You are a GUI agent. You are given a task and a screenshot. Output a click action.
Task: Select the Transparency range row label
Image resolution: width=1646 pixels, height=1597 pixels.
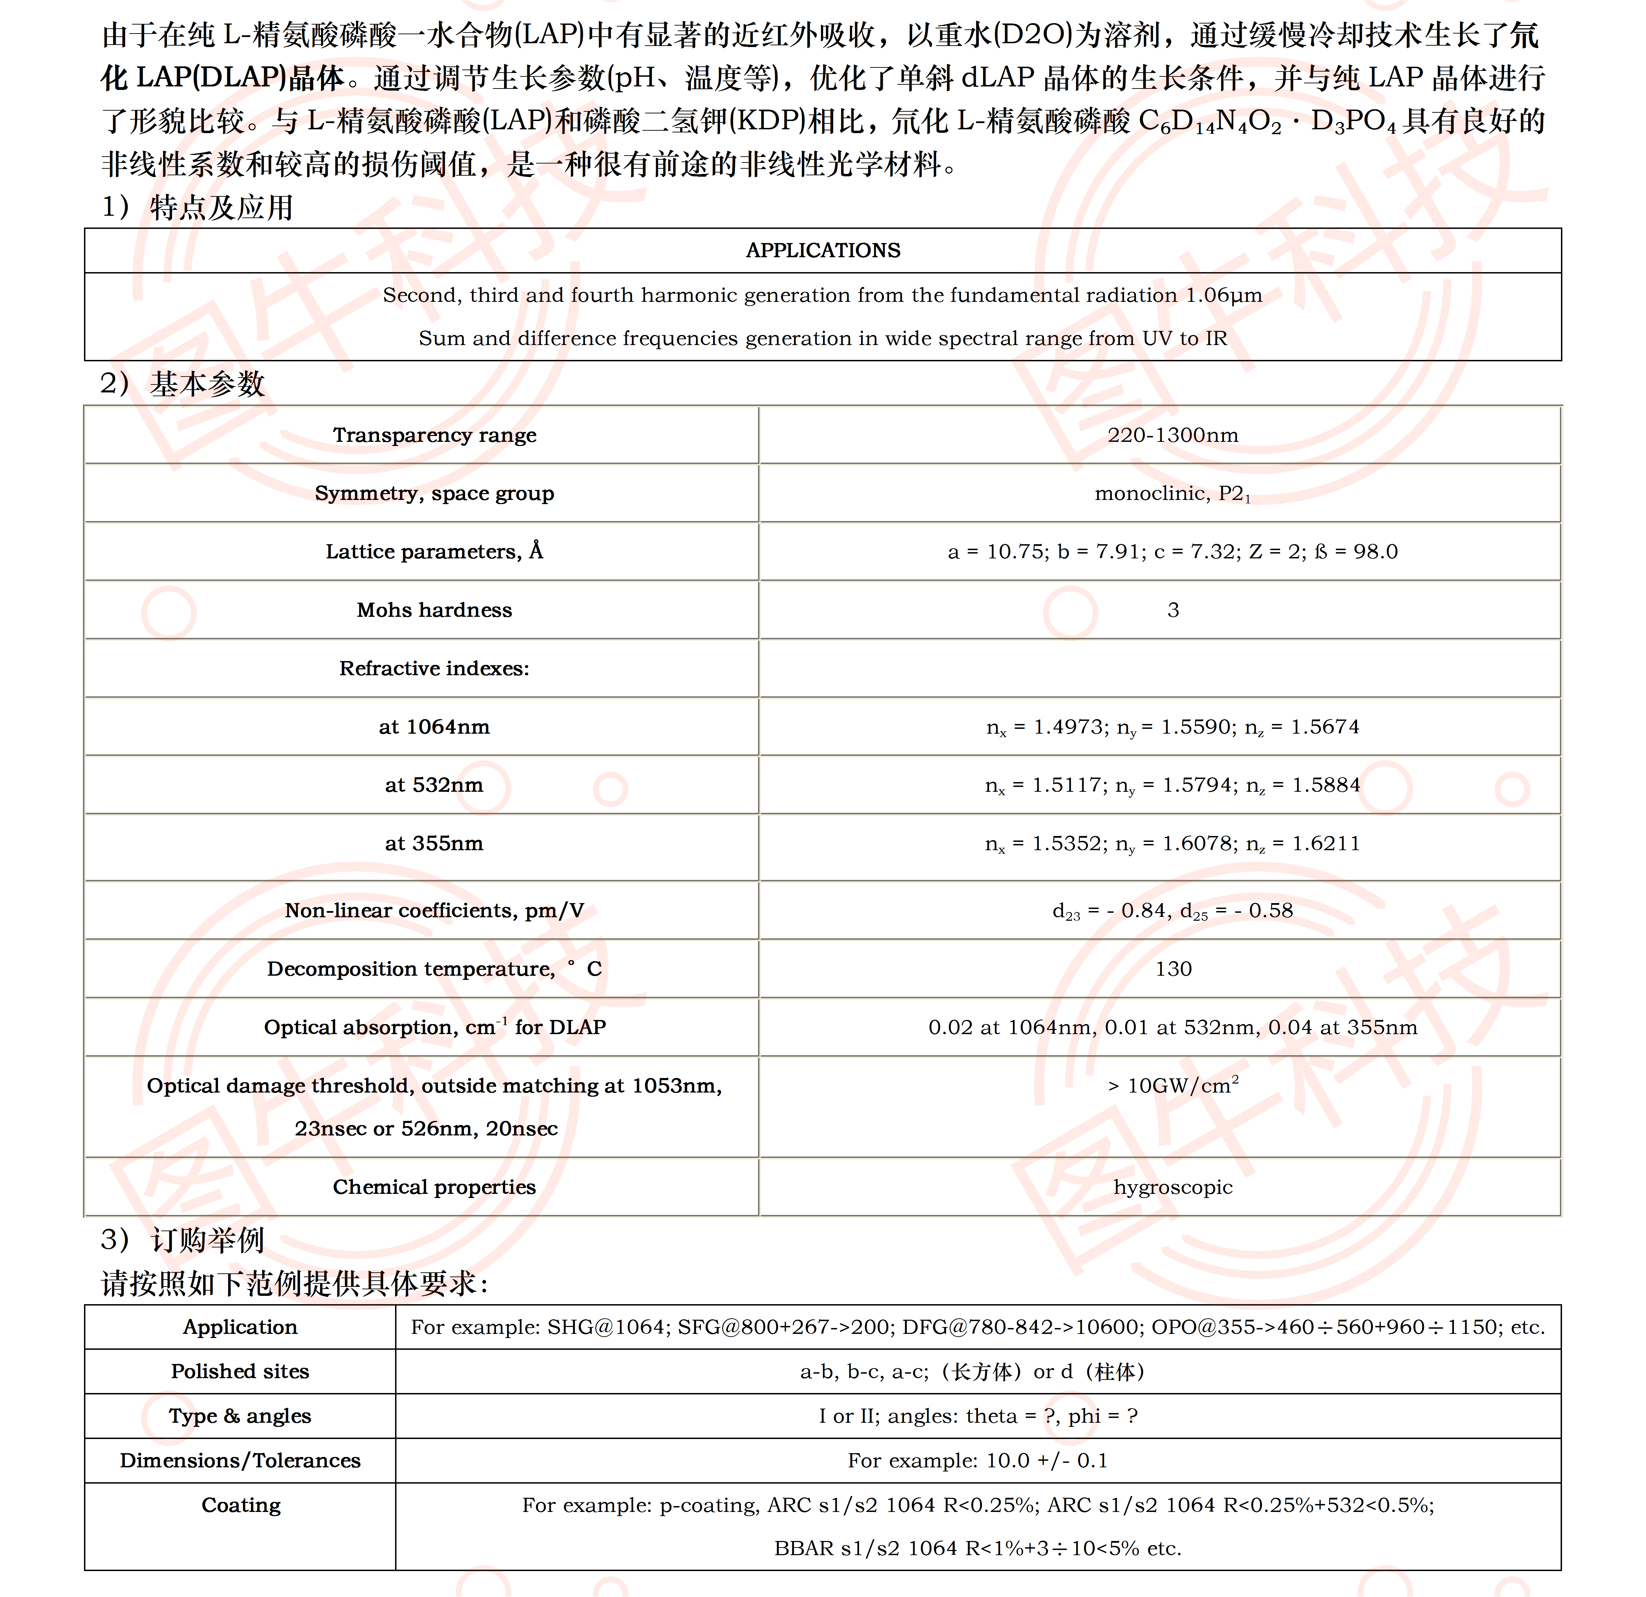click(434, 435)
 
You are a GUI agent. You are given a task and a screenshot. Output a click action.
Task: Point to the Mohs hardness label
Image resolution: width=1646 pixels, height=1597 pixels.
click(434, 610)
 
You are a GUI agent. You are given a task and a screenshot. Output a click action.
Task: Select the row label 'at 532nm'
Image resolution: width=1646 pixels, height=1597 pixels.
click(434, 784)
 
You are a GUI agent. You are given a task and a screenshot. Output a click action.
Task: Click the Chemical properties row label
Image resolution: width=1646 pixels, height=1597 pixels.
click(434, 1187)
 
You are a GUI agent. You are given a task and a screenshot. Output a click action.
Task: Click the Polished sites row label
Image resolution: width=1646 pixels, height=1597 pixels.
click(240, 1371)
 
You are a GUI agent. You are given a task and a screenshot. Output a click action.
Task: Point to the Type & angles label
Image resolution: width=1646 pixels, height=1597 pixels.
click(240, 1415)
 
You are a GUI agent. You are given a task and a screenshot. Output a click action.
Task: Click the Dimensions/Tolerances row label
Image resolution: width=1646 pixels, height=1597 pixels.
click(240, 1460)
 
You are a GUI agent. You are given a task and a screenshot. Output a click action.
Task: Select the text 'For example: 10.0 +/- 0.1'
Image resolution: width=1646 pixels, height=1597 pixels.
click(978, 1460)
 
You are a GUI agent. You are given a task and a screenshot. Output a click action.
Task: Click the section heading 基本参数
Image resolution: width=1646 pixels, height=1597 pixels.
click(207, 384)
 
